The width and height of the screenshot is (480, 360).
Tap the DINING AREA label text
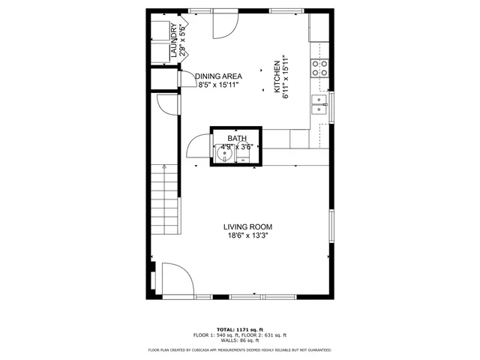click(218, 76)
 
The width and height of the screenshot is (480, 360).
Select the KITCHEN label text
click(277, 78)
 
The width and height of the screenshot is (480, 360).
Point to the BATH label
click(237, 139)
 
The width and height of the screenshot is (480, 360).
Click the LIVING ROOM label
click(247, 226)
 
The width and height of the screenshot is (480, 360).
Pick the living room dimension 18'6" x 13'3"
click(248, 235)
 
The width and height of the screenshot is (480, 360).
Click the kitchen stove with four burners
click(319, 69)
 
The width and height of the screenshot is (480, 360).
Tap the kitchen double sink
click(320, 104)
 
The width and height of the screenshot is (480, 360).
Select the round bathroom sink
click(223, 154)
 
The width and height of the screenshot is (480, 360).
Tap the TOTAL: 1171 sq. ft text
click(240, 329)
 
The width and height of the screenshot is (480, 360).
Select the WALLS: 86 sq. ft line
click(240, 340)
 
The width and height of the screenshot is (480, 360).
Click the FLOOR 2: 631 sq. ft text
click(266, 335)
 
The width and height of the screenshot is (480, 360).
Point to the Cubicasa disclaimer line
click(240, 349)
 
